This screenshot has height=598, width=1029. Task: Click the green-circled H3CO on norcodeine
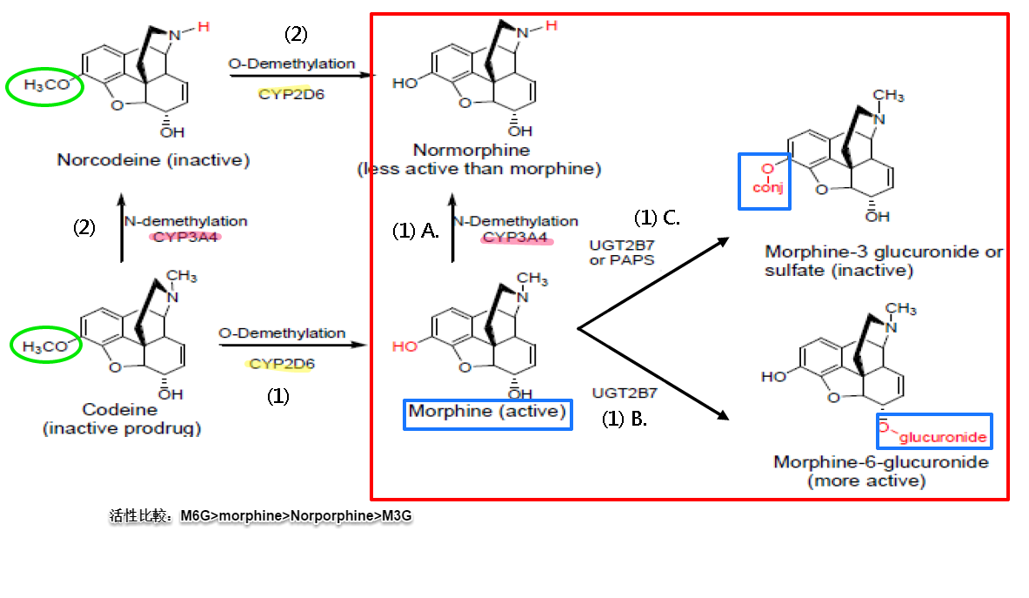tap(44, 86)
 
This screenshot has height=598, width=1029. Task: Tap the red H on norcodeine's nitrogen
tap(203, 27)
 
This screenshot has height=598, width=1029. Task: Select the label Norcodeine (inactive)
tap(153, 160)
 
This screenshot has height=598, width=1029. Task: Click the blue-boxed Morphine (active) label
tap(488, 412)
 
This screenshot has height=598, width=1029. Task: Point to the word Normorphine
tap(471, 151)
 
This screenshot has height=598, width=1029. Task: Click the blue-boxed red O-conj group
tap(764, 181)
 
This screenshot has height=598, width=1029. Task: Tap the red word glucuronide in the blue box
tap(943, 437)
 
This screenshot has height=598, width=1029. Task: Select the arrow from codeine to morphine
tap(292, 345)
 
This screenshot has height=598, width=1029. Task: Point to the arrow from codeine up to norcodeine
tap(121, 230)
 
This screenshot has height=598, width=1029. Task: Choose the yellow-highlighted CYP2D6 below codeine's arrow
tap(282, 364)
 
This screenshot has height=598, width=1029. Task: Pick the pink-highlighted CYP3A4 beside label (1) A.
tap(517, 237)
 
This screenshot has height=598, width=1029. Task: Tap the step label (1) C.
tap(657, 218)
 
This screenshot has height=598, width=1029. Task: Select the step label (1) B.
tap(625, 419)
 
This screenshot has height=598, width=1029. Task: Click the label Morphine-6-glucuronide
tap(881, 462)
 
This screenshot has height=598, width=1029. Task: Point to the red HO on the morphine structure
tap(405, 346)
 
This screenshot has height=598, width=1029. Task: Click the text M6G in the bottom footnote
tap(195, 516)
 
